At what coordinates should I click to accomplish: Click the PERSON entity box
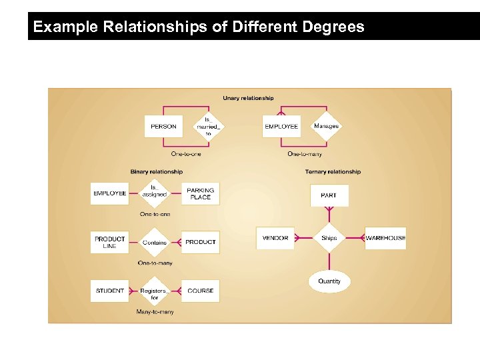pyautogui.click(x=163, y=127)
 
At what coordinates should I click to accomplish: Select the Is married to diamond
pyautogui.click(x=207, y=127)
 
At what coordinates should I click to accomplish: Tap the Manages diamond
pyautogui.click(x=326, y=126)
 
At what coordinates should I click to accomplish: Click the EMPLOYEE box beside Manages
pyautogui.click(x=281, y=127)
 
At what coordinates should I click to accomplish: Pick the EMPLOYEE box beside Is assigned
pyautogui.click(x=109, y=193)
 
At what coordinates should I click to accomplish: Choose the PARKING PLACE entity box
pyautogui.click(x=200, y=193)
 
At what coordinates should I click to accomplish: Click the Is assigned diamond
pyautogui.click(x=154, y=193)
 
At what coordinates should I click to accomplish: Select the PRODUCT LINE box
pyautogui.click(x=109, y=242)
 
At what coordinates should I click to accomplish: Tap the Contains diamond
pyautogui.click(x=155, y=242)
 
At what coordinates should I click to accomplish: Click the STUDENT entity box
pyautogui.click(x=109, y=291)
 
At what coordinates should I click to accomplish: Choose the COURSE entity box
pyautogui.click(x=200, y=291)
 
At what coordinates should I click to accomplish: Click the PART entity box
pyautogui.click(x=329, y=195)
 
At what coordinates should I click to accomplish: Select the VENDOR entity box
pyautogui.click(x=275, y=238)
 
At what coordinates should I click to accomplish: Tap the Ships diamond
pyautogui.click(x=329, y=238)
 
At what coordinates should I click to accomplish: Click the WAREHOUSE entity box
pyautogui.click(x=385, y=238)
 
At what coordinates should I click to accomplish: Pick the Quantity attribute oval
pyautogui.click(x=329, y=281)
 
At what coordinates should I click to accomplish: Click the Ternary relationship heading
pyautogui.click(x=333, y=172)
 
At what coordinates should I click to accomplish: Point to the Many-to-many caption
pyautogui.click(x=155, y=312)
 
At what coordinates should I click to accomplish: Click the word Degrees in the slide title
pyautogui.click(x=332, y=27)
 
